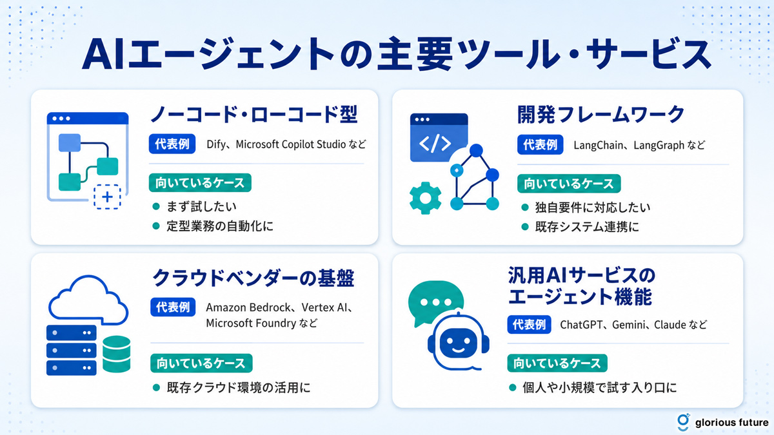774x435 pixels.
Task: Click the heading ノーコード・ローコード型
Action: (x=254, y=114)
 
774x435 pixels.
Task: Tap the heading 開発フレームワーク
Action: (x=601, y=115)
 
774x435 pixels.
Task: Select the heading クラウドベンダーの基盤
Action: (x=253, y=278)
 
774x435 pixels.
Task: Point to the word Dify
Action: (x=216, y=144)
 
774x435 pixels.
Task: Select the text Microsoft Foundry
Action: (x=251, y=323)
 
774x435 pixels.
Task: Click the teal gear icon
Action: (x=425, y=198)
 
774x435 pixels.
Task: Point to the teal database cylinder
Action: (x=117, y=354)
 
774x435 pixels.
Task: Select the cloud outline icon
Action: (x=88, y=300)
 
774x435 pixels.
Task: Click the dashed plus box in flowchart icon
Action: (x=107, y=197)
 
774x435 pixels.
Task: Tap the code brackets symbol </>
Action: (x=435, y=143)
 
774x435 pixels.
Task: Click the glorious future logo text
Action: (x=732, y=423)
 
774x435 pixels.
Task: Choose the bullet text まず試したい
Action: (x=201, y=206)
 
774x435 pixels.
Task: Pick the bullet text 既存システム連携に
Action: (x=587, y=227)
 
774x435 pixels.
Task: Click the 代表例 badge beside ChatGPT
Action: (x=529, y=325)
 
